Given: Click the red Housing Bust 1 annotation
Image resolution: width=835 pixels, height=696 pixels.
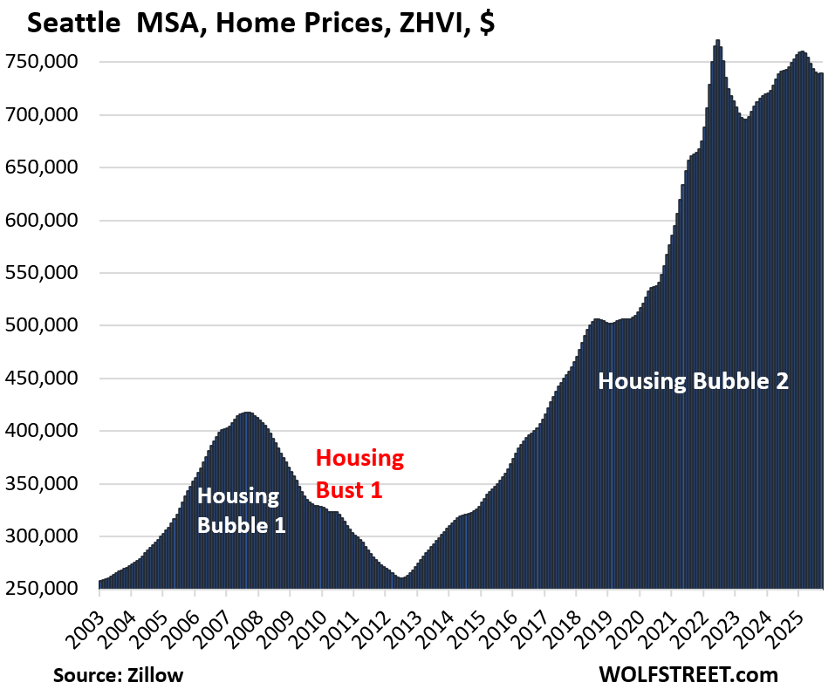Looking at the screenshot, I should [x=359, y=474].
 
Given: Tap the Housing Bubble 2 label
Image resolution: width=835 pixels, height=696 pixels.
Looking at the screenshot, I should [x=693, y=380].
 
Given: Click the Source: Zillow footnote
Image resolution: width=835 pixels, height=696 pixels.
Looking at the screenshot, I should [x=119, y=675].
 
